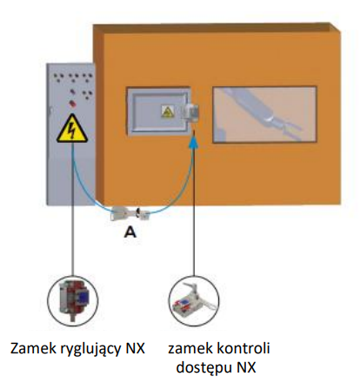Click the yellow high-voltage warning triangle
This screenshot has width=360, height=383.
coord(72,129)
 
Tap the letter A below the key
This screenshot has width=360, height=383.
coord(130,232)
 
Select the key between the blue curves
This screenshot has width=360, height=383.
coord(130,213)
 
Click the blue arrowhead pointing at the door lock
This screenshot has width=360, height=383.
coord(195,142)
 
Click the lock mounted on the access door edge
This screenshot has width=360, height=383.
coord(192,112)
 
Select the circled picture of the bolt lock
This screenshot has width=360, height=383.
coord(73,299)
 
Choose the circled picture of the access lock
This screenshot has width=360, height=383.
coord(194,301)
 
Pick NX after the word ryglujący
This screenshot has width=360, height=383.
coord(136,348)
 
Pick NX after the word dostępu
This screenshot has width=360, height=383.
coord(246,367)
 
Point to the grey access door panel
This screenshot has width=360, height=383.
coord(158,111)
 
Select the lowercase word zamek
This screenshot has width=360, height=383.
coord(187,348)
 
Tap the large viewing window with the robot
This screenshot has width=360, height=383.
coord(264,115)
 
